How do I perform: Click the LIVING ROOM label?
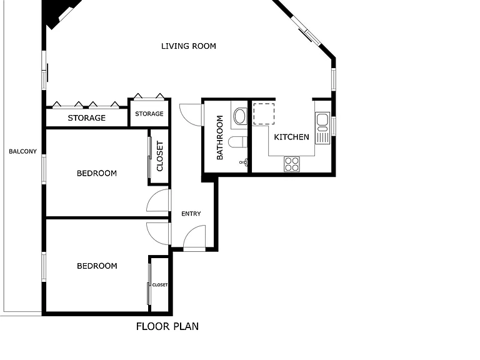click(x=189, y=46)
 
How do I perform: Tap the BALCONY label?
click(x=22, y=151)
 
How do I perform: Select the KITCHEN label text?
click(x=291, y=137)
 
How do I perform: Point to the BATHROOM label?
click(x=220, y=137)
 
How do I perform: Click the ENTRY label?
click(x=191, y=214)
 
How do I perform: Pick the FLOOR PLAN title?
click(x=167, y=326)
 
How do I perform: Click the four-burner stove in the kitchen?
click(x=292, y=164)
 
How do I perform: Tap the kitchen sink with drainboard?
click(x=322, y=128)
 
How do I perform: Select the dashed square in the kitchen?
click(x=264, y=114)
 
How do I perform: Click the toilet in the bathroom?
click(x=238, y=142)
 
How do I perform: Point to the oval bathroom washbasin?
click(x=240, y=116)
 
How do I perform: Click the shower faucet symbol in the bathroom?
click(x=244, y=162)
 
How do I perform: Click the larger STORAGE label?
click(x=87, y=118)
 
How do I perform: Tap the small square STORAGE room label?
click(x=149, y=114)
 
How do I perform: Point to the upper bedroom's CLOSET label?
click(x=160, y=156)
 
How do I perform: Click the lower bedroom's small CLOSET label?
click(x=160, y=285)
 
